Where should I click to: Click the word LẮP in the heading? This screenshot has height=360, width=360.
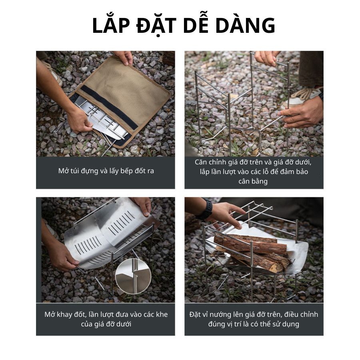(x=111, y=25)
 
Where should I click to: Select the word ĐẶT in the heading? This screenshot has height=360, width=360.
(x=156, y=26)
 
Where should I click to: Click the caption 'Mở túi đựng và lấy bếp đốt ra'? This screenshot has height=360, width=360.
(x=106, y=171)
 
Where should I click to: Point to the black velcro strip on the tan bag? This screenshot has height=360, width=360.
(x=109, y=106)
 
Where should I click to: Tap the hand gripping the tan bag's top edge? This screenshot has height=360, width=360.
(x=124, y=57)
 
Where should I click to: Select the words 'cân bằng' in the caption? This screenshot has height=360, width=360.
(x=253, y=181)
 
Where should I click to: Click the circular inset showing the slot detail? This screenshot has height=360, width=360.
(x=133, y=276)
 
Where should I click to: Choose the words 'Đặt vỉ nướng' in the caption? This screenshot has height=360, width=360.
(x=208, y=314)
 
